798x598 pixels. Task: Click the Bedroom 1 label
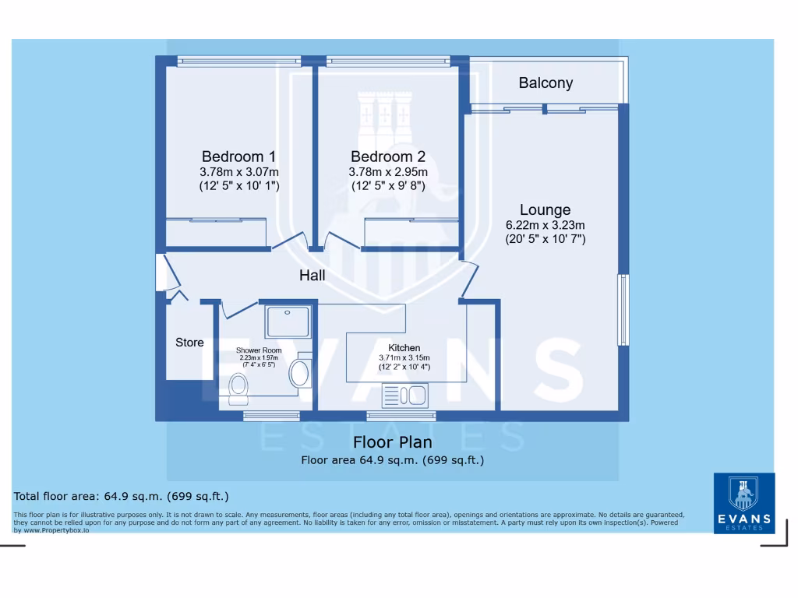(x=238, y=156)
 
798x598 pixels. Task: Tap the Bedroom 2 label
(x=387, y=156)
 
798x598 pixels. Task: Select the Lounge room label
(x=546, y=209)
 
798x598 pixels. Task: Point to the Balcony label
(x=546, y=83)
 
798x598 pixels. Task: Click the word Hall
(x=312, y=276)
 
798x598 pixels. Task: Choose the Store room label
(x=189, y=342)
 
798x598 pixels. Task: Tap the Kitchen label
(x=404, y=347)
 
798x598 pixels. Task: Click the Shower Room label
(x=259, y=350)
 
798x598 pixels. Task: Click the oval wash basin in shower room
(x=299, y=373)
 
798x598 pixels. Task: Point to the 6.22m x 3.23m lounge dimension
(x=546, y=225)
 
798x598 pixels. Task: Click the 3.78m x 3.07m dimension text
(x=238, y=171)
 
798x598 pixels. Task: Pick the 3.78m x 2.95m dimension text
(x=387, y=171)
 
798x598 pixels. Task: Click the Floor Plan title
(x=393, y=442)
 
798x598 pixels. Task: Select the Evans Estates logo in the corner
(x=743, y=502)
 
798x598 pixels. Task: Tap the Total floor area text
(x=121, y=496)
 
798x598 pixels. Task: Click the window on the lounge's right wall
(x=623, y=309)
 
